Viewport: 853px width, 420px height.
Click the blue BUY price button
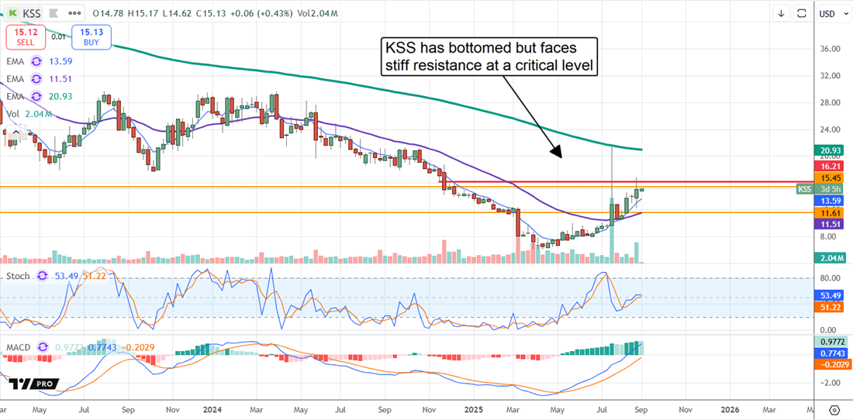[x=92, y=36]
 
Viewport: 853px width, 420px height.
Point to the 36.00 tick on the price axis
[x=830, y=49]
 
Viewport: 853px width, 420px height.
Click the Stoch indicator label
[x=19, y=277]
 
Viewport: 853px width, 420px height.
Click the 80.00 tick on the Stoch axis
[x=830, y=278]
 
